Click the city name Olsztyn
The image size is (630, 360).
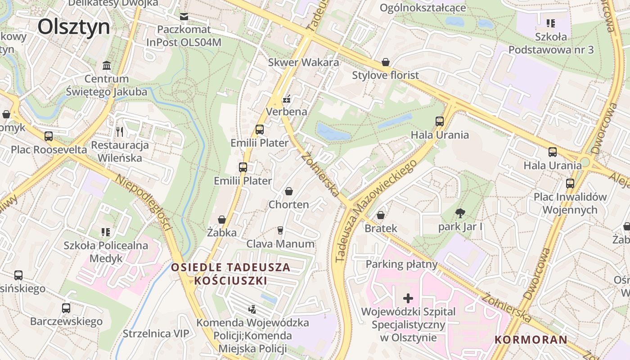click(73, 27)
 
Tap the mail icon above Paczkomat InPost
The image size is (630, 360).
click(184, 17)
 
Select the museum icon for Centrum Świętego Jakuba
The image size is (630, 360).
click(107, 66)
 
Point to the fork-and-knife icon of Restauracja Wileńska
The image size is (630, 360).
click(119, 131)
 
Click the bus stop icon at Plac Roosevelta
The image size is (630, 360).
click(49, 136)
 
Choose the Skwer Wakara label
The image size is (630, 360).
click(303, 63)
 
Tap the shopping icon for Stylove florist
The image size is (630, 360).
click(385, 62)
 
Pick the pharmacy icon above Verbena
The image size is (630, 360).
click(286, 99)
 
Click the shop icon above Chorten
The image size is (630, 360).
click(288, 191)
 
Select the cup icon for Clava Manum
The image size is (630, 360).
click(280, 230)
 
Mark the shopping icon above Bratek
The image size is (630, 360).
click(381, 215)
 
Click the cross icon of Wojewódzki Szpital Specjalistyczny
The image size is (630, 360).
click(408, 298)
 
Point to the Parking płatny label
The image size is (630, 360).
click(401, 264)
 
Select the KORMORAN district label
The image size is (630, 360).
click(531, 339)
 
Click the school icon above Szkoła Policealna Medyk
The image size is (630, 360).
click(106, 232)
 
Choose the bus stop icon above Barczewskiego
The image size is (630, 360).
click(66, 308)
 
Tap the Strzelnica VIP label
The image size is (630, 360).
click(156, 333)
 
